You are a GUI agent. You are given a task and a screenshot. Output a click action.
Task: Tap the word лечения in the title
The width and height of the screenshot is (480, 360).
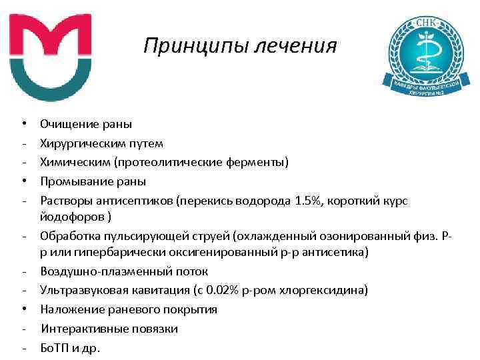[299, 47]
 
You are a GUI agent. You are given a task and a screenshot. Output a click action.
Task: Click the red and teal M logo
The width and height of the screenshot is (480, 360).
[50, 57]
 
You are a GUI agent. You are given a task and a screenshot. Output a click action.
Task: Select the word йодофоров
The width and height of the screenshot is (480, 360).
[71, 217]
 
